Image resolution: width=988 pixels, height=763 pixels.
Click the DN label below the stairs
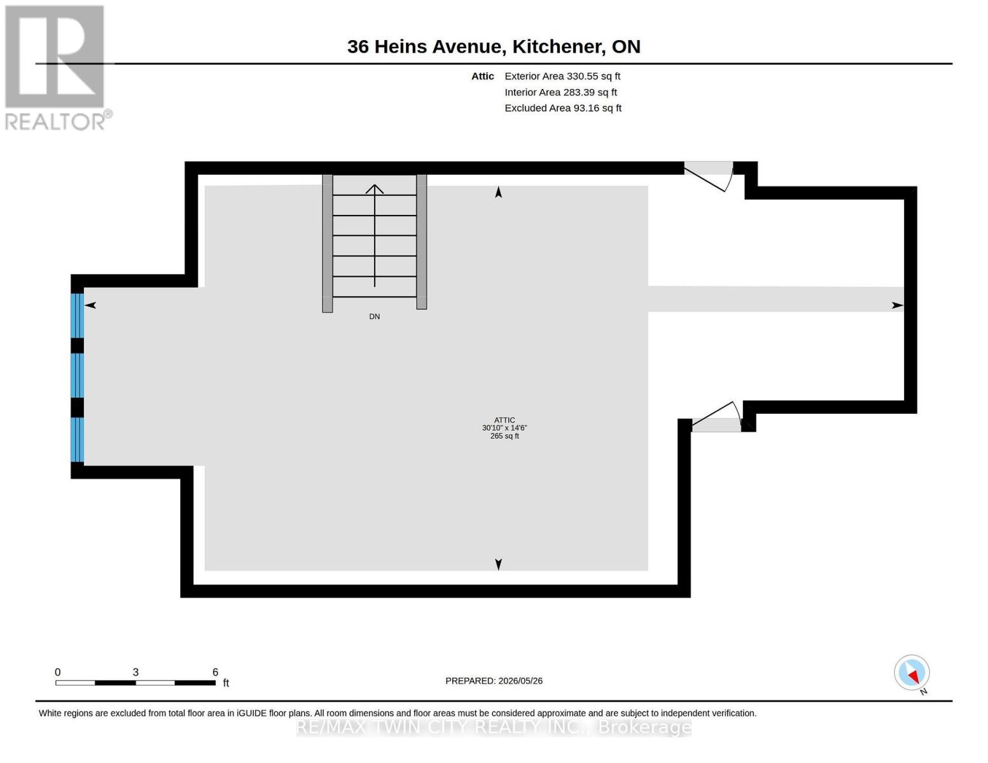pos(374,316)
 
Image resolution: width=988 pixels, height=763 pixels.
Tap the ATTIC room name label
pos(504,420)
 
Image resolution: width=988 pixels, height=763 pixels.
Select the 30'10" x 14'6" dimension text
pos(504,428)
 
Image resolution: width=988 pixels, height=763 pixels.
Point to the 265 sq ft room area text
pos(504,436)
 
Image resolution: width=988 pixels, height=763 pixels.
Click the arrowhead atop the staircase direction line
pos(374,189)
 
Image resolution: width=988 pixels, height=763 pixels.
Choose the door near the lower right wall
pos(717,416)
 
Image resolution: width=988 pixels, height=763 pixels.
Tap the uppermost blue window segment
pos(77,315)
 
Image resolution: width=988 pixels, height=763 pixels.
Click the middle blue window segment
pos(77,375)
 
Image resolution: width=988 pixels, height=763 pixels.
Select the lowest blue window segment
pos(77,439)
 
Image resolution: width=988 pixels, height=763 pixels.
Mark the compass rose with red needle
pos(912,673)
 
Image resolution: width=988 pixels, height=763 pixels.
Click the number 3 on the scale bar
pos(136,671)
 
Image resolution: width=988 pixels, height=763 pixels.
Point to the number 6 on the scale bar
pos(215,671)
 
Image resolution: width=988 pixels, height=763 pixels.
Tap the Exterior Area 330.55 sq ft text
pos(562,76)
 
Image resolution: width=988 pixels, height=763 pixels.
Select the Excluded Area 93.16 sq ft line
pos(563,108)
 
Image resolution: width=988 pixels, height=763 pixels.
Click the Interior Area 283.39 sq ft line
pos(560,92)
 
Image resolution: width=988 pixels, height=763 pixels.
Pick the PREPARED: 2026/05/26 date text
pos(494,681)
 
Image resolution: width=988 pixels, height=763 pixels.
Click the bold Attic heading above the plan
pos(482,76)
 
